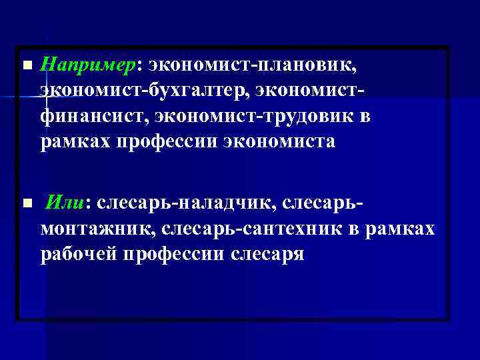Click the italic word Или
(65, 202)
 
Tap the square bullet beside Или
(26, 202)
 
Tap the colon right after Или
(88, 203)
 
